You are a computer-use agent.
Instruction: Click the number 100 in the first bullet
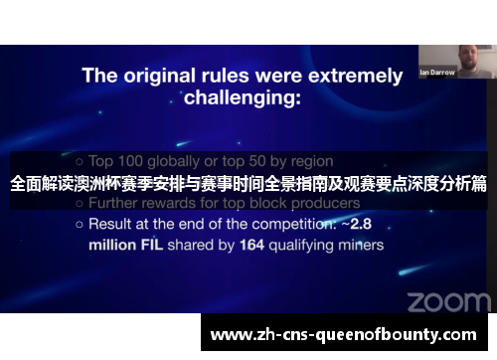[x=132, y=160]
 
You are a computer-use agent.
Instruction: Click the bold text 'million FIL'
[x=128, y=244]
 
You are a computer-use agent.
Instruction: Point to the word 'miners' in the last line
[x=361, y=244]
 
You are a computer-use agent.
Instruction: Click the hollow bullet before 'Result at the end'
[x=79, y=225]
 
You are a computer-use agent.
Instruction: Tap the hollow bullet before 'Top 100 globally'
[x=79, y=161]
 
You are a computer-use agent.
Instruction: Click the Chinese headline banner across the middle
[x=248, y=184]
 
